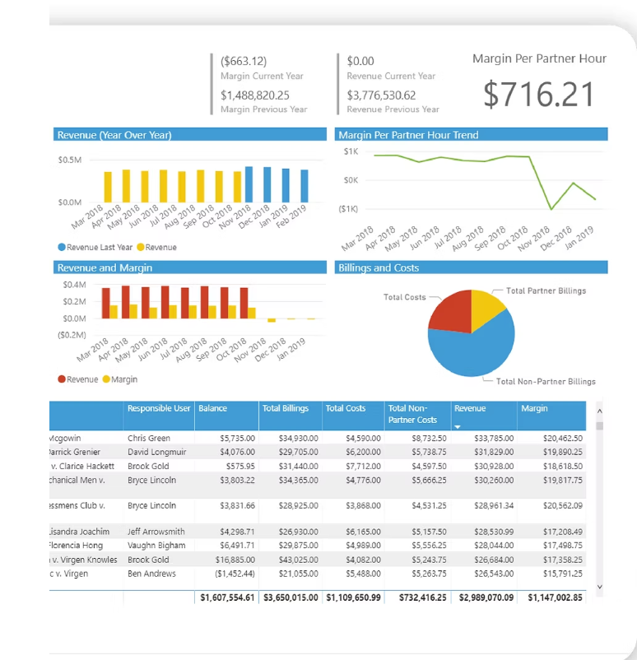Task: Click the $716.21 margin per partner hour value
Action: click(538, 95)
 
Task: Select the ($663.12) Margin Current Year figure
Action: click(244, 61)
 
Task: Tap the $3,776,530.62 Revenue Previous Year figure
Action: click(381, 95)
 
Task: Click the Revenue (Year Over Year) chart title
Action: click(114, 135)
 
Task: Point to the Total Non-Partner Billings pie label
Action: click(546, 381)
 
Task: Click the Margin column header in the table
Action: click(534, 408)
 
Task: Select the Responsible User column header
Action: click(159, 408)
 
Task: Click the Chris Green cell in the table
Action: click(149, 439)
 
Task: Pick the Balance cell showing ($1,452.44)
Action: click(234, 573)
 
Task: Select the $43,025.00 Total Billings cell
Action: click(290, 559)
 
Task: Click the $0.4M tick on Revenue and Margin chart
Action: click(74, 285)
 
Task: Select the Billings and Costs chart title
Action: click(379, 268)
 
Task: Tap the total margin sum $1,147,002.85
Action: click(555, 597)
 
